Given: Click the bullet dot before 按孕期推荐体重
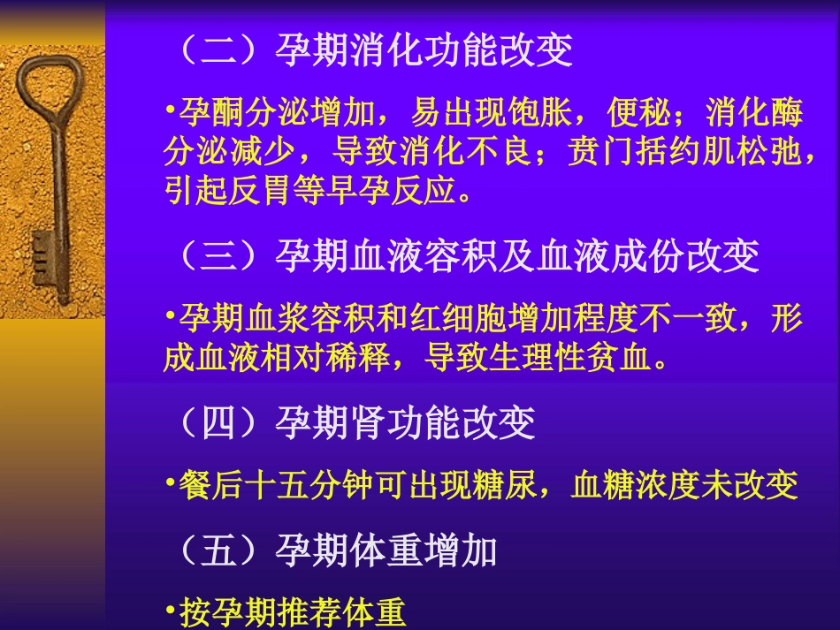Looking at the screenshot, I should click(x=169, y=611).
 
